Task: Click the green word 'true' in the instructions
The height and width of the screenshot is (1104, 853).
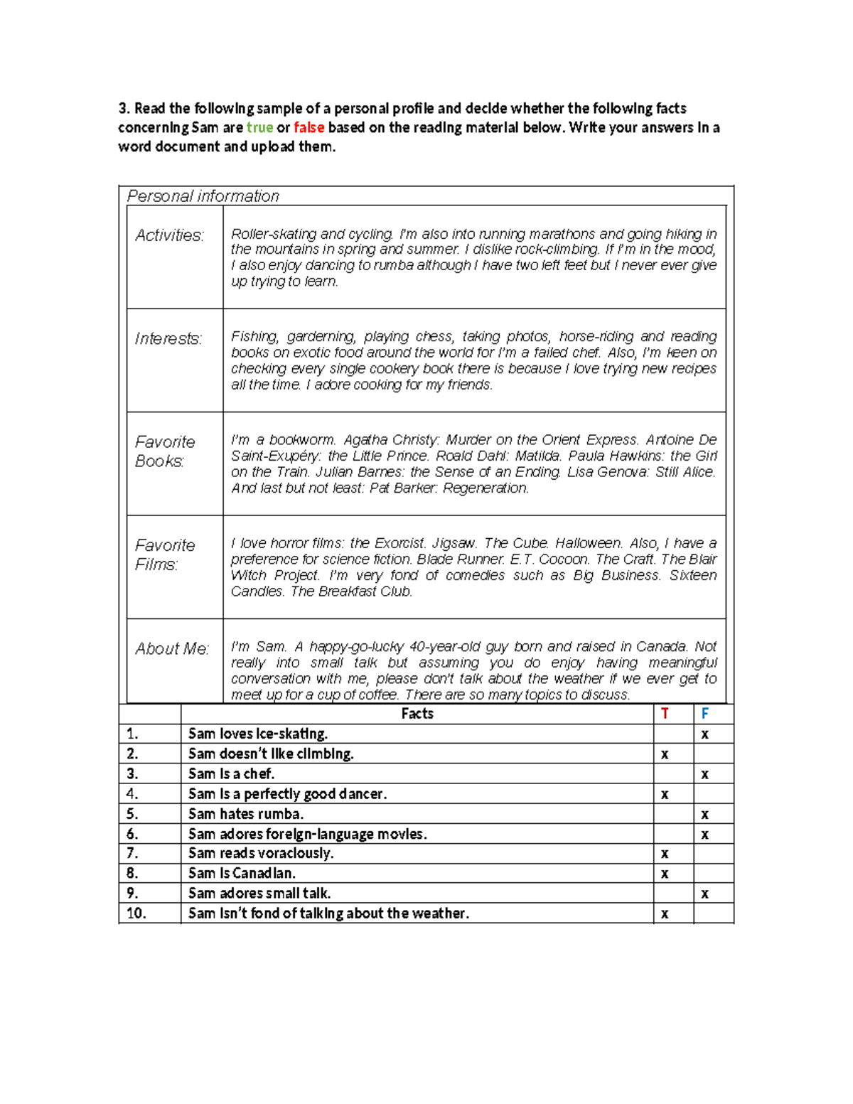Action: pyautogui.click(x=259, y=128)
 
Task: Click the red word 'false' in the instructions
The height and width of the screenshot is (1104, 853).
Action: pyautogui.click(x=309, y=128)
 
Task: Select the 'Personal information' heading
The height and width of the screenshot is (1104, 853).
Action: pyautogui.click(x=203, y=196)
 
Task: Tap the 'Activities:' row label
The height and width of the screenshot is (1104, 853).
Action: pyautogui.click(x=169, y=235)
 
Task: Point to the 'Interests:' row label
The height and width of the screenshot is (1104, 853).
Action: pyautogui.click(x=168, y=339)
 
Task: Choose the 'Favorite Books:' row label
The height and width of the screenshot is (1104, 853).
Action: pyautogui.click(x=164, y=451)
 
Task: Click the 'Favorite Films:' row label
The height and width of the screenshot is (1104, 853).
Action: pyautogui.click(x=164, y=554)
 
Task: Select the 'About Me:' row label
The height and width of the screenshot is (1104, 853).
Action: pyautogui.click(x=172, y=649)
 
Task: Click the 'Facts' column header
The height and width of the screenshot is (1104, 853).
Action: pyautogui.click(x=417, y=714)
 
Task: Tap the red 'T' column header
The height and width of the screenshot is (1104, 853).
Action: pyautogui.click(x=665, y=714)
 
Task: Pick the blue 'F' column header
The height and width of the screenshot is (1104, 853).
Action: pyautogui.click(x=704, y=714)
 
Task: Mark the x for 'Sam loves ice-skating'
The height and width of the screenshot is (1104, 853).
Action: pyautogui.click(x=704, y=734)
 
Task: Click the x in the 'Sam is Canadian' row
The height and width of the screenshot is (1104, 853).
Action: pyautogui.click(x=665, y=874)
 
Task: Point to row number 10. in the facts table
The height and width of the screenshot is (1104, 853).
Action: pyautogui.click(x=136, y=913)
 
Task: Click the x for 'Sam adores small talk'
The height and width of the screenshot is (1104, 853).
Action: pyautogui.click(x=704, y=894)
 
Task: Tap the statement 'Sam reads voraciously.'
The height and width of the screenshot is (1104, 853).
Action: pyautogui.click(x=260, y=853)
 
